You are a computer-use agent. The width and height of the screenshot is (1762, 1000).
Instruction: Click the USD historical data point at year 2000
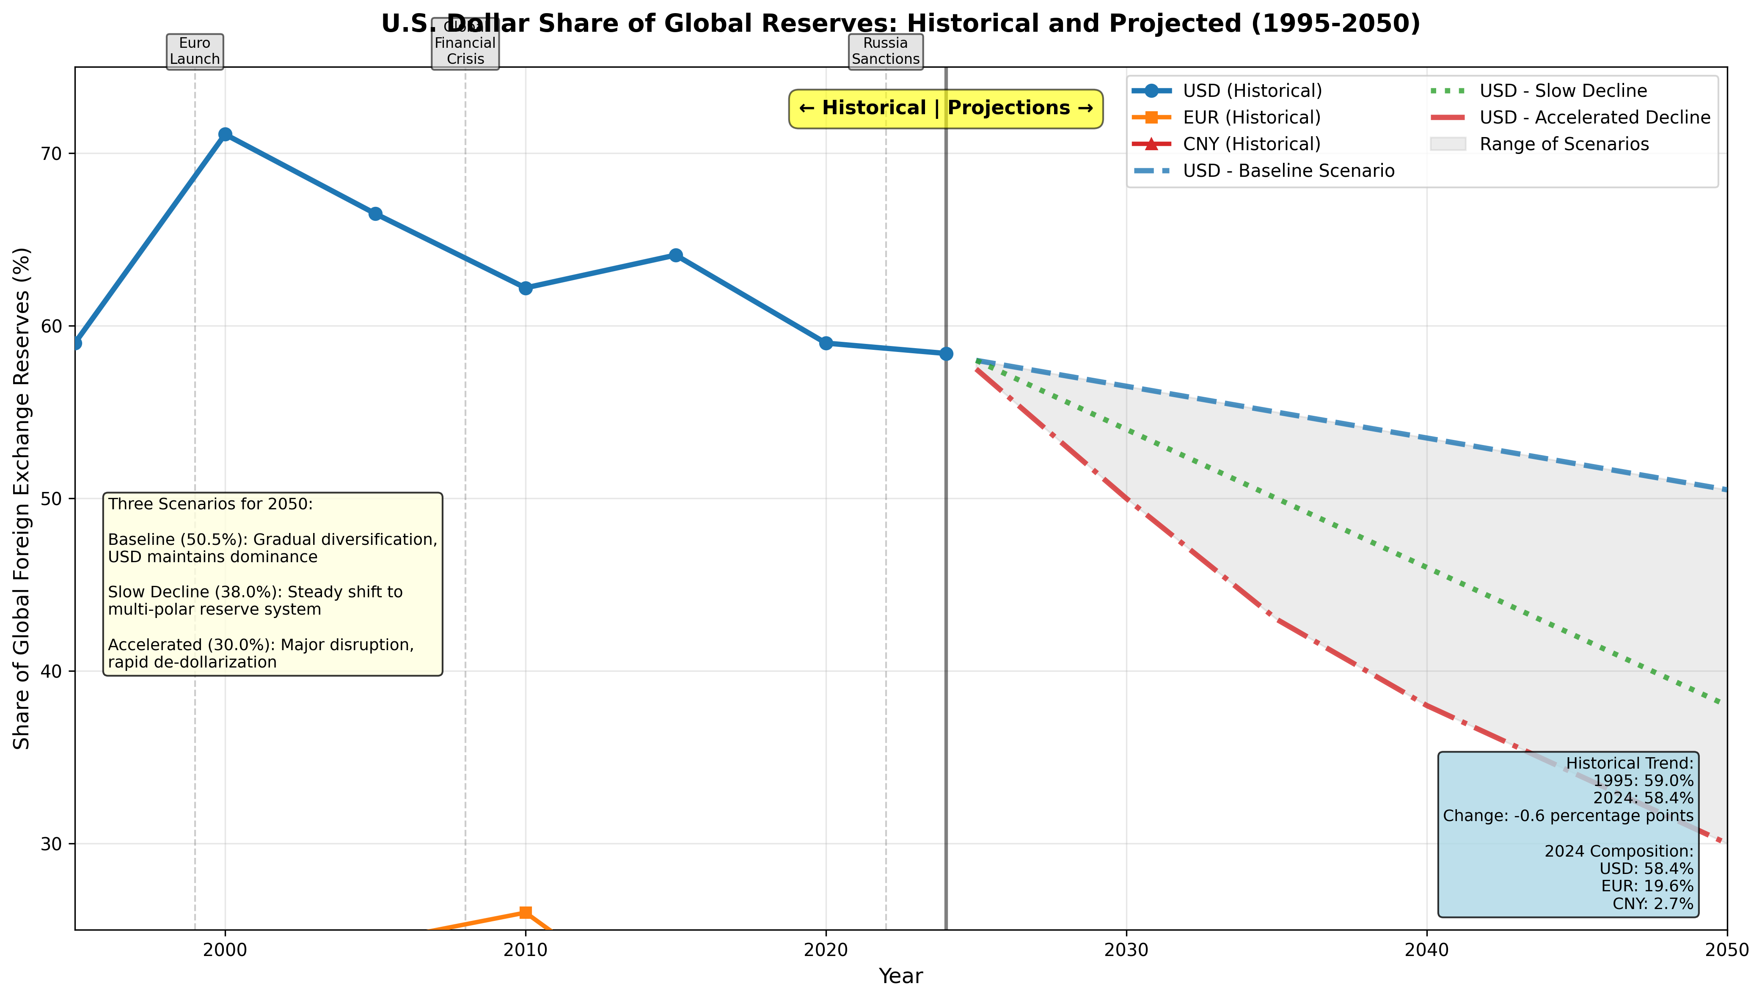pyautogui.click(x=225, y=134)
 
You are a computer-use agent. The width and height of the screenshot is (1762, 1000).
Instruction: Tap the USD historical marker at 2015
pyautogui.click(x=676, y=255)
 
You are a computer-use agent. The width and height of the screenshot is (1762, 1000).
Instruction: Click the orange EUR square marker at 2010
pyautogui.click(x=526, y=912)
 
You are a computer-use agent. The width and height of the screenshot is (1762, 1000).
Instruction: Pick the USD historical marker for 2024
pyautogui.click(x=946, y=354)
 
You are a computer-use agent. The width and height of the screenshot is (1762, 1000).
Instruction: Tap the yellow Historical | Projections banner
pyautogui.click(x=945, y=109)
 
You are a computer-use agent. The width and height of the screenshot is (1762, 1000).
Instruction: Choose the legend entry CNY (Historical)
pyautogui.click(x=1251, y=144)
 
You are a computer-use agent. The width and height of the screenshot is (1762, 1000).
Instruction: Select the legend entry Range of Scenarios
pyautogui.click(x=1564, y=144)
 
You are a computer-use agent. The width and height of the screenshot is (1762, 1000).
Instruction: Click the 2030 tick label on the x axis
pyautogui.click(x=1126, y=950)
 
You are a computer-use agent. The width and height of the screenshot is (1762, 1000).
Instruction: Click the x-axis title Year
pyautogui.click(x=900, y=976)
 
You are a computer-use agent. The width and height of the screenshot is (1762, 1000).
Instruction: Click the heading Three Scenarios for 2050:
pyautogui.click(x=210, y=504)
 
